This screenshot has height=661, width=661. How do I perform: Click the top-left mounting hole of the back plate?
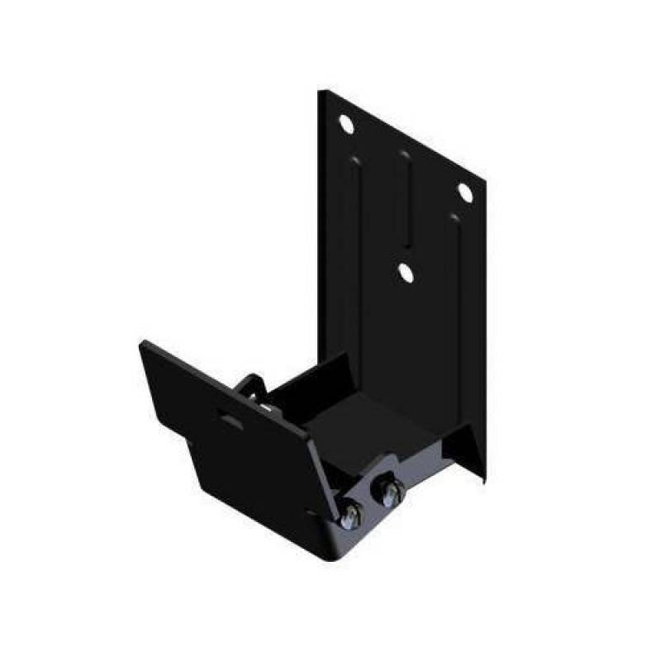click(345, 124)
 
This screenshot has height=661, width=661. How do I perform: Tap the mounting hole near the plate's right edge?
click(464, 192)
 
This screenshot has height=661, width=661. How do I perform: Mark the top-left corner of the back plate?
click(321, 92)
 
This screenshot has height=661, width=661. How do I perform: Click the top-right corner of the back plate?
click(483, 178)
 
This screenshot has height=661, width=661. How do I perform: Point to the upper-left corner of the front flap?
click(143, 343)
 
